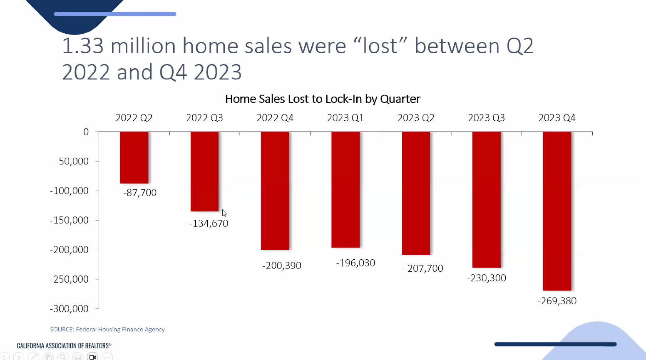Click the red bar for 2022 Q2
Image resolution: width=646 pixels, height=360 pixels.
pyautogui.click(x=134, y=157)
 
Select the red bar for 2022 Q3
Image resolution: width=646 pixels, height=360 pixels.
pyautogui.click(x=204, y=171)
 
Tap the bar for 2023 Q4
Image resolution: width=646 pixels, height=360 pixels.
pyautogui.click(x=557, y=211)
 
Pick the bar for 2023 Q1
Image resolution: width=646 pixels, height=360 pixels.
pyautogui.click(x=345, y=189)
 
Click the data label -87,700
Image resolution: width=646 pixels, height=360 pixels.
pyautogui.click(x=140, y=193)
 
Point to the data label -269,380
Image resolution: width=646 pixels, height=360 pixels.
pyautogui.click(x=557, y=301)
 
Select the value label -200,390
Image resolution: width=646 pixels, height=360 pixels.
pyautogui.click(x=282, y=266)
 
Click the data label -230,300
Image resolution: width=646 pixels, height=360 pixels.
pyautogui.click(x=487, y=278)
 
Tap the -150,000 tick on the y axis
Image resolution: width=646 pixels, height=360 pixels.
pyautogui.click(x=69, y=221)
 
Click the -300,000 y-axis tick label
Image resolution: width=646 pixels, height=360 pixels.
pyautogui.click(x=69, y=309)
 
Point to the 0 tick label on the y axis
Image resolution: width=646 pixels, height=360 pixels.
pyautogui.click(x=86, y=132)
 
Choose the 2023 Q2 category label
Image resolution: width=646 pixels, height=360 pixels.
pyautogui.click(x=416, y=118)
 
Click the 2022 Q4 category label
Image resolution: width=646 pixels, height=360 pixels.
pyautogui.click(x=275, y=118)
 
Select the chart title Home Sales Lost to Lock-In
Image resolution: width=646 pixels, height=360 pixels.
pyautogui.click(x=323, y=99)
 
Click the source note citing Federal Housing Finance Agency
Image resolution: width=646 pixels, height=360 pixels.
pyautogui.click(x=107, y=330)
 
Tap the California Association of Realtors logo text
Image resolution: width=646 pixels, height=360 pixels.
pyautogui.click(x=64, y=345)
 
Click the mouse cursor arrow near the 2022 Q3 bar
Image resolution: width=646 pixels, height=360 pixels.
pyautogui.click(x=224, y=213)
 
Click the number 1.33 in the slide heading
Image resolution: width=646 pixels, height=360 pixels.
pyautogui.click(x=83, y=46)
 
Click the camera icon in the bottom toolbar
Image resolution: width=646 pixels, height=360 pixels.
pyautogui.click(x=92, y=357)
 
